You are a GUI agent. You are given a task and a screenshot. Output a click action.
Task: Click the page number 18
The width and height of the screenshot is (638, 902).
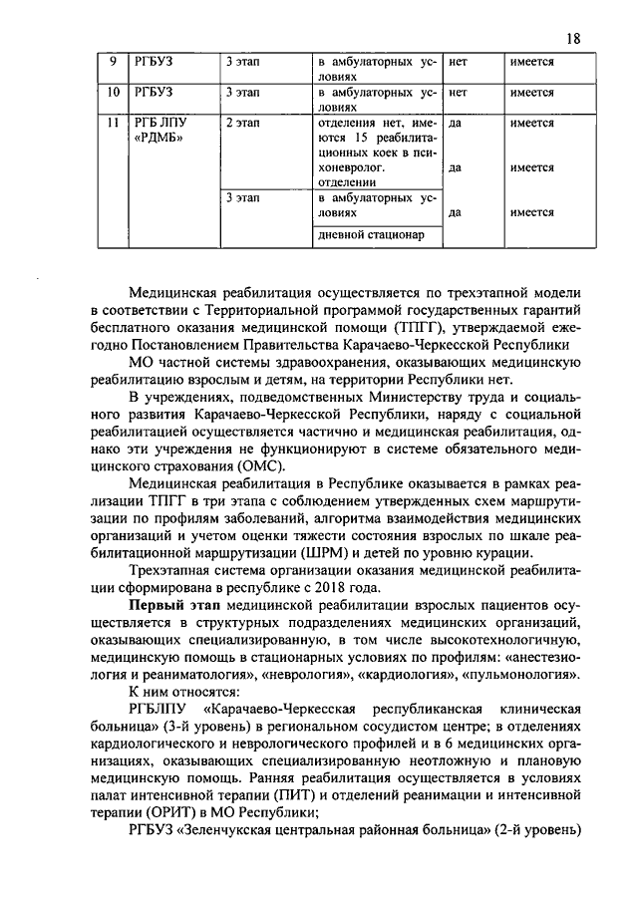[572, 39]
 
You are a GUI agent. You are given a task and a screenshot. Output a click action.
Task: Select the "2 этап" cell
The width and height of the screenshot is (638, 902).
[240, 123]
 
